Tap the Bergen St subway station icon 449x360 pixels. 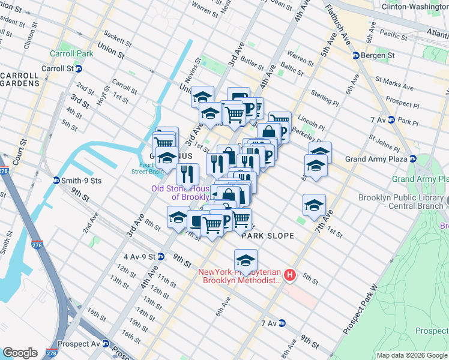355,55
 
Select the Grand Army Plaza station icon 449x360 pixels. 412,159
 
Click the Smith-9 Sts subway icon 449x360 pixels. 56,180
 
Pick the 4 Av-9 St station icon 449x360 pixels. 161,256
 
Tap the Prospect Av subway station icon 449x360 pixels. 106,344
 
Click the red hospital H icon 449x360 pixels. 291,275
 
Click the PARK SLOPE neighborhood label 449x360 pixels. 268,236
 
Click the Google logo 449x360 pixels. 20,352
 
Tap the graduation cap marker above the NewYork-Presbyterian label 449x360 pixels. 246,261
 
